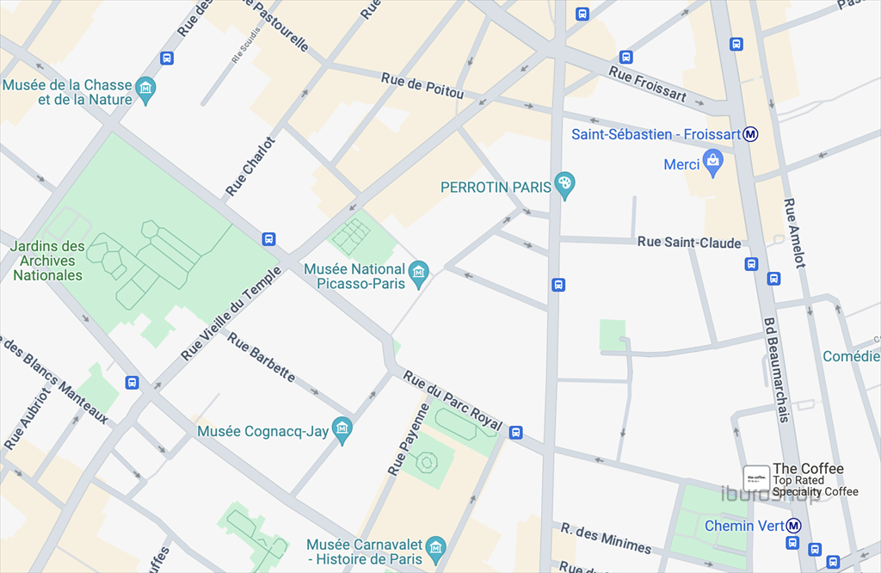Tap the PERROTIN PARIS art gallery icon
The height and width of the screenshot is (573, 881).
(564, 183)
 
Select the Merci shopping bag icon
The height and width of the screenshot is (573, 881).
(712, 161)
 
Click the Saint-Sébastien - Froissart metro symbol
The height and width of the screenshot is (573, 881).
(751, 134)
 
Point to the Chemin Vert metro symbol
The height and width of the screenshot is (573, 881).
(794, 525)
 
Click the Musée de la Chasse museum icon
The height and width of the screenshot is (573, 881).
(146, 89)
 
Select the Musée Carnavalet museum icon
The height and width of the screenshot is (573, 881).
(435, 547)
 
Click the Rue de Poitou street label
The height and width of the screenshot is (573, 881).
(422, 88)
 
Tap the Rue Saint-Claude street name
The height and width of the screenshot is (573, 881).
(689, 243)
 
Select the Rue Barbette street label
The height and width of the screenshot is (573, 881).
(262, 356)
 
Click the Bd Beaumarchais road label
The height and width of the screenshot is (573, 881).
(776, 370)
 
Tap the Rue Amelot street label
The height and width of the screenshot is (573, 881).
(794, 233)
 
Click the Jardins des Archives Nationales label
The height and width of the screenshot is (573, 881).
(47, 261)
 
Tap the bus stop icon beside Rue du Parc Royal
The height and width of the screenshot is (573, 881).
(515, 433)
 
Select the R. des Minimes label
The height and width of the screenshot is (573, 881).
(606, 538)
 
